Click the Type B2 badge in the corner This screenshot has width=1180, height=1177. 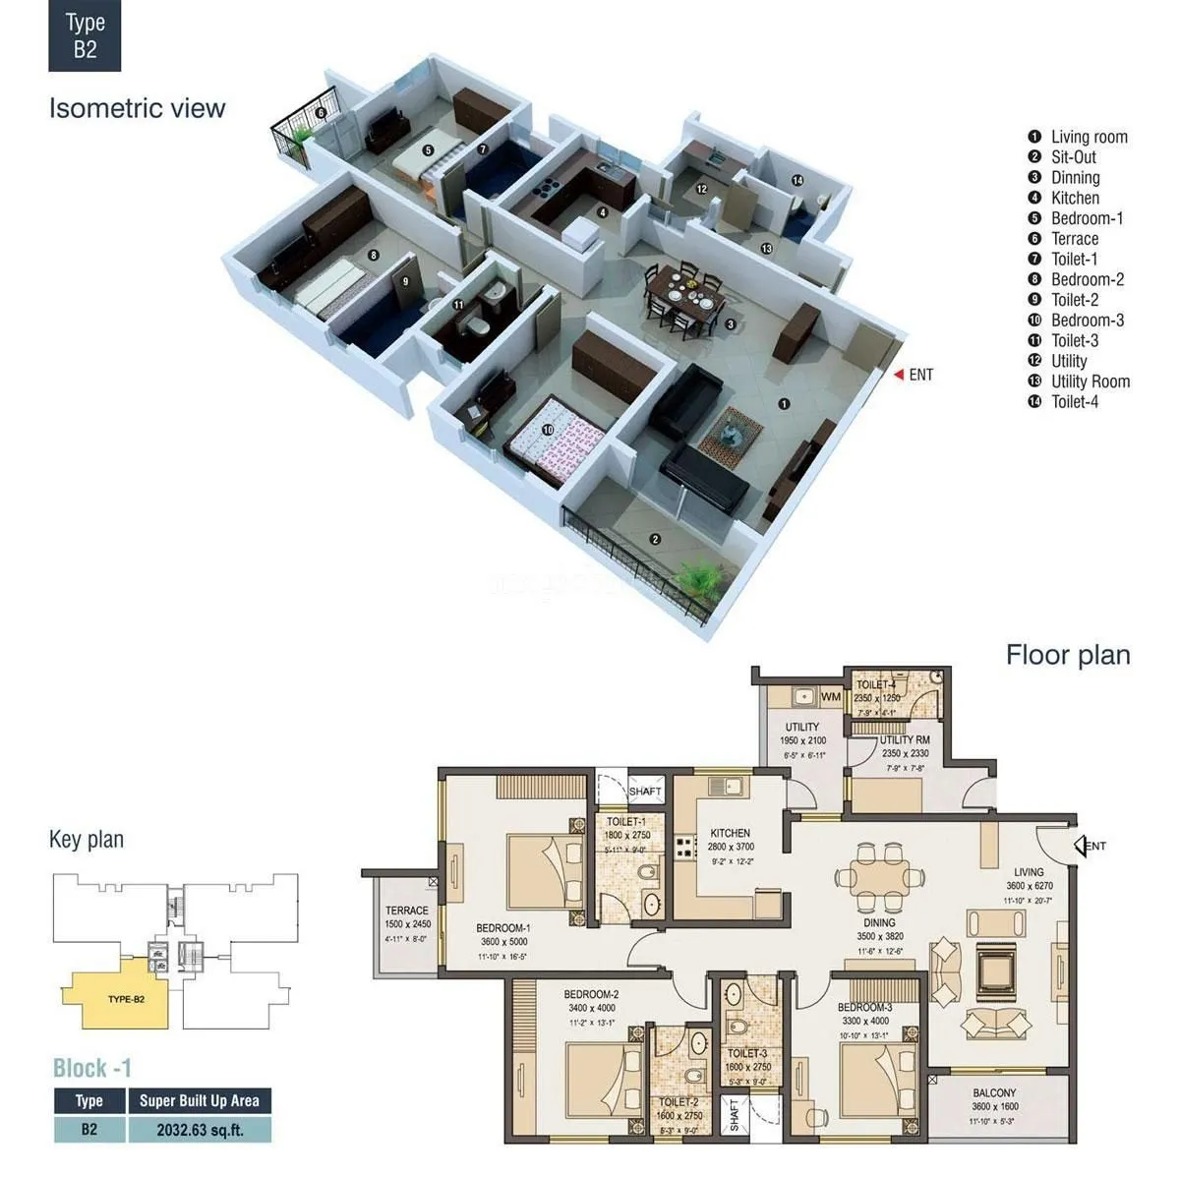pyautogui.click(x=85, y=36)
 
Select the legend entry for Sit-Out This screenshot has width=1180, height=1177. pyautogui.click(x=1073, y=157)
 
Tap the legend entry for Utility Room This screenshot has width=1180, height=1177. pyautogui.click(x=1090, y=382)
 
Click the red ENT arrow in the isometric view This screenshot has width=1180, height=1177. pyautogui.click(x=898, y=375)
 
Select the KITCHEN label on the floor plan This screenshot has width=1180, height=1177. pyautogui.click(x=730, y=833)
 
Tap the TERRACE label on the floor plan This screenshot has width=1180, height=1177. pyautogui.click(x=406, y=911)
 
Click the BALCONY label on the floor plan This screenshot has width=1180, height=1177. pyautogui.click(x=994, y=1092)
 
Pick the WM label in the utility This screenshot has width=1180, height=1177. pyautogui.click(x=832, y=697)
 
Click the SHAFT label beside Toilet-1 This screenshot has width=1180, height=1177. pyautogui.click(x=645, y=791)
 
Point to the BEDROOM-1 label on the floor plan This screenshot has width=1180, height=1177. pyautogui.click(x=503, y=927)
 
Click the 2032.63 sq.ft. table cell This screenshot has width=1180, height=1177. pyautogui.click(x=200, y=1130)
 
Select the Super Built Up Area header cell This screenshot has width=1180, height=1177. pyautogui.click(x=200, y=1100)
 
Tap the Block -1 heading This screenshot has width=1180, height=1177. pyautogui.click(x=91, y=1068)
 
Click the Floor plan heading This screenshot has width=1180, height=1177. pyautogui.click(x=1067, y=656)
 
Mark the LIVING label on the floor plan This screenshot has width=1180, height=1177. pyautogui.click(x=1029, y=872)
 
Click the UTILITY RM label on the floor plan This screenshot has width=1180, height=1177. pyautogui.click(x=904, y=739)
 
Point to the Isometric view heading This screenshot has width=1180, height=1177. pyautogui.click(x=137, y=108)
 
